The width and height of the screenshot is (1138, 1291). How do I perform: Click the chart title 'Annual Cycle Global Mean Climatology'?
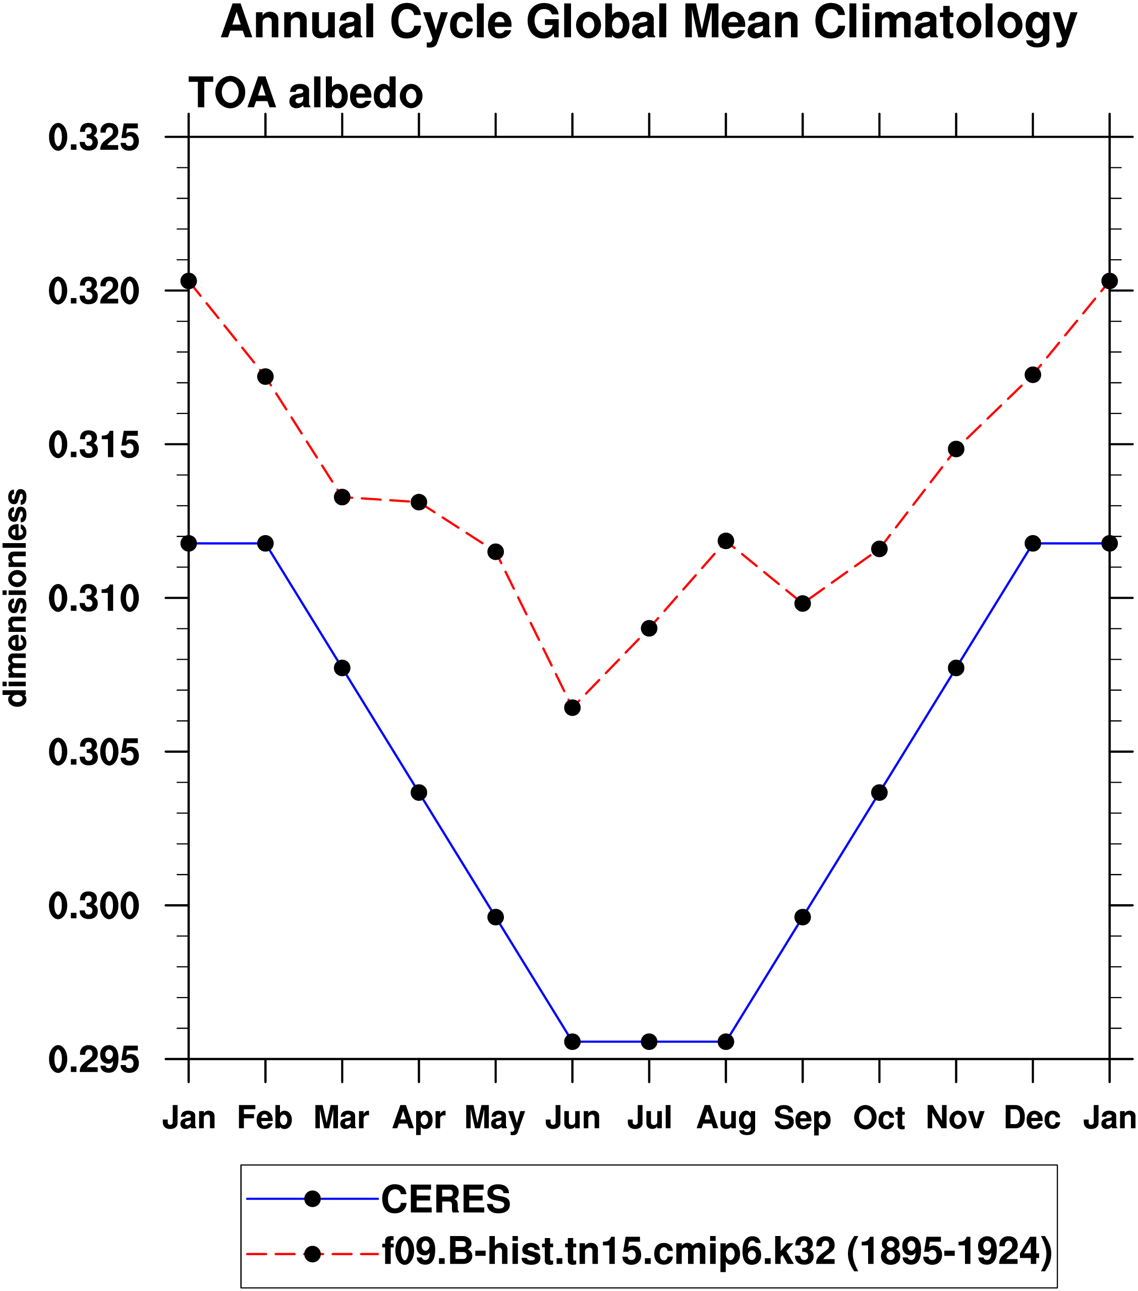point(648,23)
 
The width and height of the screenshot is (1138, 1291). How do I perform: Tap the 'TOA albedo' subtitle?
point(305,93)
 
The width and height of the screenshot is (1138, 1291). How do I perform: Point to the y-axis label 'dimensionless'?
point(16,598)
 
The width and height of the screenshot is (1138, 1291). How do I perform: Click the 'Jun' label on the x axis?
point(573,1118)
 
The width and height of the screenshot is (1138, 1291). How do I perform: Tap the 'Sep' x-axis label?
point(803,1118)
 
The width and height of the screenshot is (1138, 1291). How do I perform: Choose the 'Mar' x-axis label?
point(342,1118)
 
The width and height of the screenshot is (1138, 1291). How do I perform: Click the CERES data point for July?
point(649,1041)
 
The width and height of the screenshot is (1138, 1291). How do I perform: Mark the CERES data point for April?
point(419,793)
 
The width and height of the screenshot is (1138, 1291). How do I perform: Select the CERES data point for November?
point(956,668)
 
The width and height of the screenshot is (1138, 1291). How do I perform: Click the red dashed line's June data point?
point(573,708)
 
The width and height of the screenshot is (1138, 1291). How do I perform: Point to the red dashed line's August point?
point(726,541)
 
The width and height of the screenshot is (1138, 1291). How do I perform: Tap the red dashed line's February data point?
point(265,376)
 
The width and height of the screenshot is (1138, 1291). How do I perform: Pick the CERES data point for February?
point(265,543)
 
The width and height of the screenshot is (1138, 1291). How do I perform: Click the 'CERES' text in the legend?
point(445,1199)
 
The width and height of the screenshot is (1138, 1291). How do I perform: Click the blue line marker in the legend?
point(312,1198)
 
